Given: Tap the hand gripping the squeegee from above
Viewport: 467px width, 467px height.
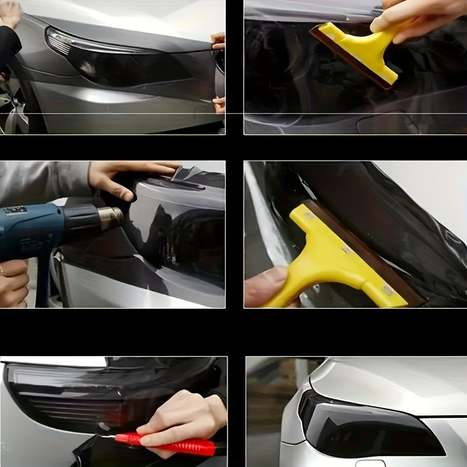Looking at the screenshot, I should click(409, 18).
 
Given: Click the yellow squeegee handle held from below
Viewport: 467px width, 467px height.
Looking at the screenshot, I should click(333, 257).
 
